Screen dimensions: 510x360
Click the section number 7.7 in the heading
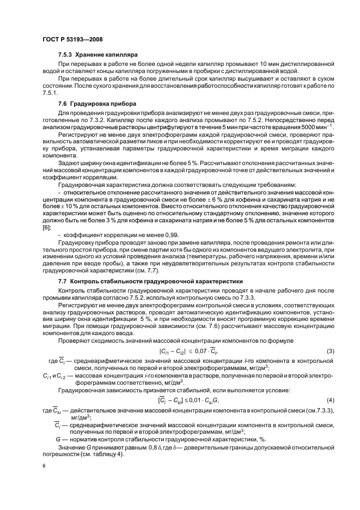(62, 281)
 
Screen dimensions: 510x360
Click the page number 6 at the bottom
(44, 466)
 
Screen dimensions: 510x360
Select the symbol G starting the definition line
(58, 440)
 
